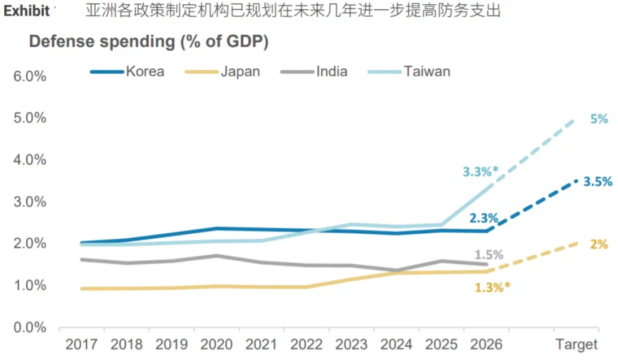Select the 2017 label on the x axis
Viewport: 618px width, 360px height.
click(81, 345)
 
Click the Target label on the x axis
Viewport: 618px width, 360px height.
click(575, 345)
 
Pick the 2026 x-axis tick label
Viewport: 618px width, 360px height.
click(485, 345)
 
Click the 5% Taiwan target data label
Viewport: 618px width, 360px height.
click(598, 119)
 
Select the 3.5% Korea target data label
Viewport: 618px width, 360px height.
click(597, 181)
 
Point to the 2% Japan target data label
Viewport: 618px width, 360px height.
click(599, 244)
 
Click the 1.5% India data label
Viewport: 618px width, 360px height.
click(489, 254)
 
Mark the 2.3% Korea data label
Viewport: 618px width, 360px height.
click(483, 218)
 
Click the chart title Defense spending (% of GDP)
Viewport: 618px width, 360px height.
click(148, 42)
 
